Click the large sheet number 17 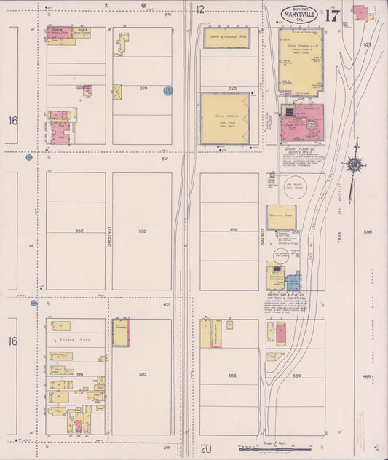pyautogui.click(x=333, y=16)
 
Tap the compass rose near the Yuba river pyautogui.click(x=355, y=164)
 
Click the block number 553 pyautogui.click(x=142, y=231)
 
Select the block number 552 pyautogui.click(x=79, y=231)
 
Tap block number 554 pyautogui.click(x=233, y=230)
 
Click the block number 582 pyautogui.click(x=143, y=374)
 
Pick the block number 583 pyautogui.click(x=232, y=376)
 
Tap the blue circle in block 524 pyautogui.click(x=168, y=91)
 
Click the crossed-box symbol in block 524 pyautogui.click(x=117, y=92)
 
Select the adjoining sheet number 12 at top pyautogui.click(x=200, y=9)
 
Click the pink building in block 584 pyautogui.click(x=280, y=333)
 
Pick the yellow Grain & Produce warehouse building pyautogui.click(x=226, y=38)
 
